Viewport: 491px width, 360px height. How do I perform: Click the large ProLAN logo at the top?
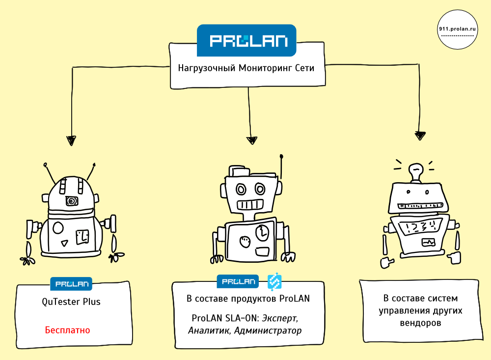[246, 40]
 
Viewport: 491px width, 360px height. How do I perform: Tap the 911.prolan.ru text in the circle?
[458, 29]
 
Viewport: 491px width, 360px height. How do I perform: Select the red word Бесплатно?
[67, 330]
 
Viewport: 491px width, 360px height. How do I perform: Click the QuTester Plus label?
[71, 302]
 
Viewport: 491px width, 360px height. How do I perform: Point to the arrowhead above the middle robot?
[252, 140]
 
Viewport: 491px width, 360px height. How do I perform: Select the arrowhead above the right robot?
[419, 135]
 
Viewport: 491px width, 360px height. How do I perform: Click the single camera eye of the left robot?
[72, 201]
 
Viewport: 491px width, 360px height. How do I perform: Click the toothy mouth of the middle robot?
[251, 204]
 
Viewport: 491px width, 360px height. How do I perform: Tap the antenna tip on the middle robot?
[282, 157]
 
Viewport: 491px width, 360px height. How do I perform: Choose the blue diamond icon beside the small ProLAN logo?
[274, 281]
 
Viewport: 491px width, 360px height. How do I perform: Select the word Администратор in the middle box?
[268, 330]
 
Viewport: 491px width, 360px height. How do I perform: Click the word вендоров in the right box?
[419, 323]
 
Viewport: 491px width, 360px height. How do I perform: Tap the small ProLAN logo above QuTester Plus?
[71, 283]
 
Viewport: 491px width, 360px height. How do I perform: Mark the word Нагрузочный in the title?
[206, 68]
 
